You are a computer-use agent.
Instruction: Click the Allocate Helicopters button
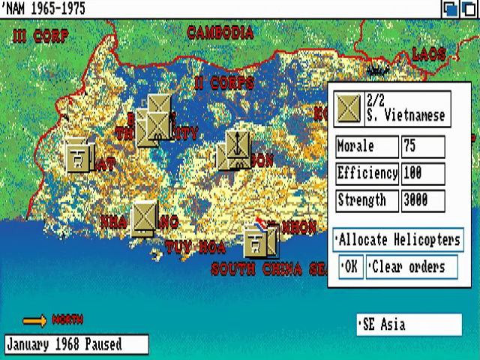point(397,240)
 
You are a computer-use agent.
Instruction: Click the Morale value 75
point(422,146)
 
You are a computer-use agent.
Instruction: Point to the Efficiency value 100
point(422,173)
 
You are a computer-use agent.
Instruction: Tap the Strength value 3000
point(422,200)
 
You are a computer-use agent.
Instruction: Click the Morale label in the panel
point(366,146)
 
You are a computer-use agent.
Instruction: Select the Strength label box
point(366,200)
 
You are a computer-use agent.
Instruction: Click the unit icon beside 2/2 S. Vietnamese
point(349,109)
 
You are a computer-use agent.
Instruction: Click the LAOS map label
point(428,54)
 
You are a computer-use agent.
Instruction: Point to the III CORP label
point(40,36)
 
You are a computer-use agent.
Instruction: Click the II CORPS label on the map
point(223,82)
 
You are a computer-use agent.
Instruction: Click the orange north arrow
point(35,321)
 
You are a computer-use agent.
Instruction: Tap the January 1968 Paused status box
point(76,345)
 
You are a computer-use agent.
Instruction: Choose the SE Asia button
point(409,325)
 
